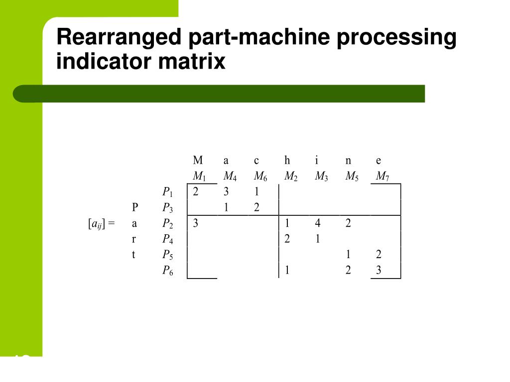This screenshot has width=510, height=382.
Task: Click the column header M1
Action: [x=199, y=177]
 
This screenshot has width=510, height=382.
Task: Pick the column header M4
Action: [x=230, y=177]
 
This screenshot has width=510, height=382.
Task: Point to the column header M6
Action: [x=260, y=177]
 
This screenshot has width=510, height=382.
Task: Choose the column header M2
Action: [x=291, y=177]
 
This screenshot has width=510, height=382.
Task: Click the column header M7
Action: [x=382, y=177]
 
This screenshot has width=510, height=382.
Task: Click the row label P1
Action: [x=168, y=192]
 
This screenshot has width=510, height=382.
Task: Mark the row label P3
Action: [x=168, y=208]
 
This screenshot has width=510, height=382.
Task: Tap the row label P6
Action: [x=168, y=271]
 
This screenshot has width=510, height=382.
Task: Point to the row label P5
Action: [x=168, y=255]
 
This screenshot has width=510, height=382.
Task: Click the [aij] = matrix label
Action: [x=101, y=224]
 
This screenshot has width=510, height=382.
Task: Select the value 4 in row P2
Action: [x=317, y=223]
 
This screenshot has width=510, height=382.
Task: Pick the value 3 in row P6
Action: [x=379, y=271]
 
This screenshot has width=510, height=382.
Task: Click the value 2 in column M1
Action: [x=196, y=192]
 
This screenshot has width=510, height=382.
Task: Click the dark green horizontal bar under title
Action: [x=219, y=94]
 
